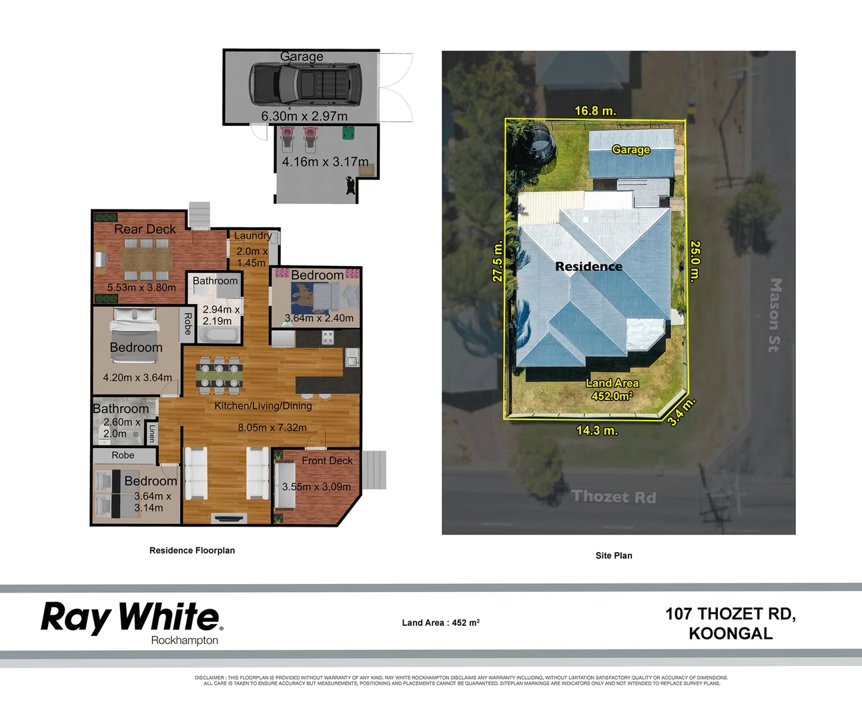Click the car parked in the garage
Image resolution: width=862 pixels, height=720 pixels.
click(304, 85)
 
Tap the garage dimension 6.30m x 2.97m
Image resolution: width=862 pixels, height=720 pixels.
click(304, 116)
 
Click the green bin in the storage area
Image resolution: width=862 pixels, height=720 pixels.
click(348, 133)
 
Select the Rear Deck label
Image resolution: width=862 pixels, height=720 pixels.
click(145, 229)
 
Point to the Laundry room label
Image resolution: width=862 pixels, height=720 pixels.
click(252, 235)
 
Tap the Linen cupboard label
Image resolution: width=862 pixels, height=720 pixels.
click(152, 433)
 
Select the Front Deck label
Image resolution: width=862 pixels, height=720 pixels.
click(327, 461)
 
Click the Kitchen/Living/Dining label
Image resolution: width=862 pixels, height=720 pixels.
click(263, 405)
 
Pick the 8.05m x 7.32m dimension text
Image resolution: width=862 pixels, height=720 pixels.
click(272, 427)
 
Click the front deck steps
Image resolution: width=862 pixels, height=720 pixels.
click(374, 470)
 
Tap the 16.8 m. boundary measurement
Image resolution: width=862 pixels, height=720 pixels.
click(595, 111)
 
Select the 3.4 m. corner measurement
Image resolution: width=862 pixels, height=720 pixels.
click(681, 411)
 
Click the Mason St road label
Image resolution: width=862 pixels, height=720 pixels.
click(774, 315)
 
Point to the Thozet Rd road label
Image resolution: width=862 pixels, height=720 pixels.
click(614, 497)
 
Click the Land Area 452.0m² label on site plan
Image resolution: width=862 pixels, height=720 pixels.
click(612, 389)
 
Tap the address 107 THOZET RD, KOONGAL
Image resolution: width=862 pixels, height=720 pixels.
click(731, 623)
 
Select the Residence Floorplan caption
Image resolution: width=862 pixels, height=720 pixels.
click(192, 551)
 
